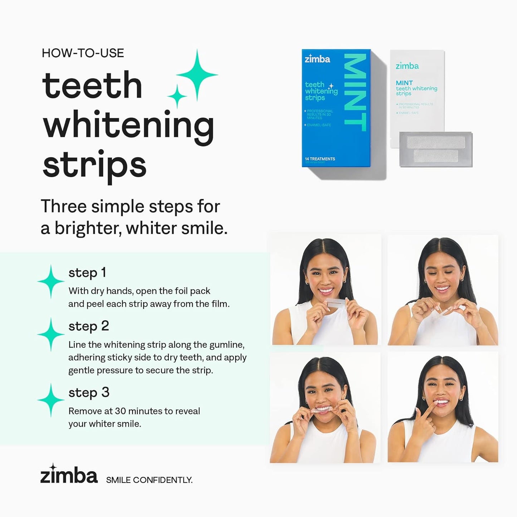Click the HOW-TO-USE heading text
(83, 53)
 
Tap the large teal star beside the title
(197, 75)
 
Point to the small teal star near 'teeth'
(177, 96)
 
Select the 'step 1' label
(87, 273)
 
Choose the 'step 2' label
(88, 326)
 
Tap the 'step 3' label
(89, 392)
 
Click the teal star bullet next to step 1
(51, 282)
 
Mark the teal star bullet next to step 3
(51, 400)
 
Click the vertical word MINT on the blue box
(355, 92)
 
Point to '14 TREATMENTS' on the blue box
(320, 159)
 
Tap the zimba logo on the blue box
(317, 59)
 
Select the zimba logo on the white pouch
(407, 66)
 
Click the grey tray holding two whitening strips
(435, 149)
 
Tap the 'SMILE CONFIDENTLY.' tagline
(149, 480)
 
